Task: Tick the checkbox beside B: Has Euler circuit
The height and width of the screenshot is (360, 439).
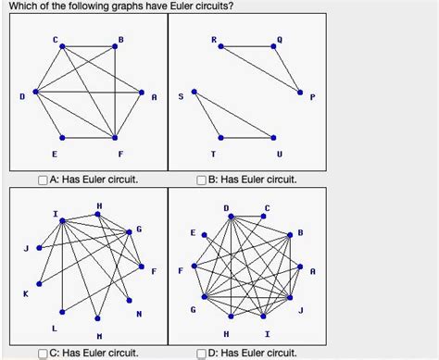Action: tap(203, 180)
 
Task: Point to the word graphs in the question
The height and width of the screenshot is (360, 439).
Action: tap(106, 6)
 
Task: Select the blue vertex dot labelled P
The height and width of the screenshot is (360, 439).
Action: tap(301, 92)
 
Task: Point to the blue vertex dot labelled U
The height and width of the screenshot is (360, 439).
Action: tap(275, 138)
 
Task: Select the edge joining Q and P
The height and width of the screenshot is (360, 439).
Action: tap(288, 70)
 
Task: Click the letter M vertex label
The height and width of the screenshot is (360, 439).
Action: tap(99, 335)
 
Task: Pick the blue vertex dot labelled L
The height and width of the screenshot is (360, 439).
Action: tap(62, 310)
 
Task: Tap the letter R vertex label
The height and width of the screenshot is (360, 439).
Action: tap(214, 39)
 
